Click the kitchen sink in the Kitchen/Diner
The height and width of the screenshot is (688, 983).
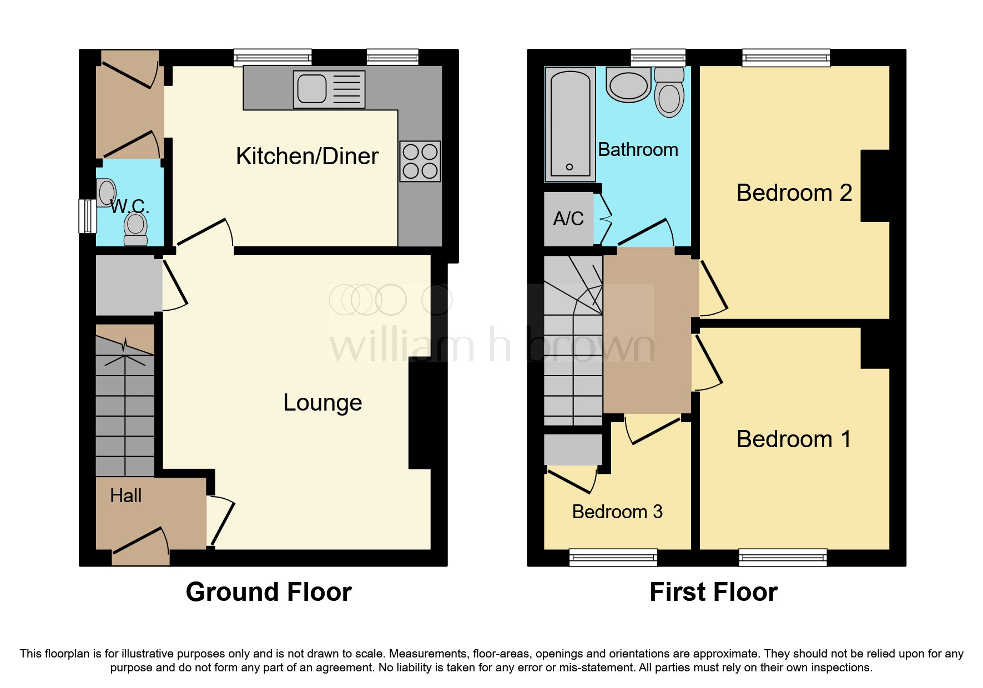pyautogui.click(x=329, y=89)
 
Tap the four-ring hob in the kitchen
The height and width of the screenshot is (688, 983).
pyautogui.click(x=420, y=161)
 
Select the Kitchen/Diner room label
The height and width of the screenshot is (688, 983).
pyautogui.click(x=307, y=156)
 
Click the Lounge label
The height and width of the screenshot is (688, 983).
pyautogui.click(x=322, y=403)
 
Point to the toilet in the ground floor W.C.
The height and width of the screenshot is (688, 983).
pyautogui.click(x=135, y=229)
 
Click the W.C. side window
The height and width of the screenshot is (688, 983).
pyautogui.click(x=87, y=216)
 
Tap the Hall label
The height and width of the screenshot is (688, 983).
pyautogui.click(x=125, y=495)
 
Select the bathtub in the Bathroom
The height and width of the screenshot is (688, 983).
pyautogui.click(x=570, y=125)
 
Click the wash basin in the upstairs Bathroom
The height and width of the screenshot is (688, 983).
pyautogui.click(x=628, y=85)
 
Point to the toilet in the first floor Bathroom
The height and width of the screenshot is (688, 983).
pyautogui.click(x=669, y=93)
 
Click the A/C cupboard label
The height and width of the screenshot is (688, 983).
pyautogui.click(x=568, y=219)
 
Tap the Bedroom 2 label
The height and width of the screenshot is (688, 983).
pyautogui.click(x=794, y=193)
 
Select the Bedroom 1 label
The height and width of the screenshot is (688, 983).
pyautogui.click(x=794, y=439)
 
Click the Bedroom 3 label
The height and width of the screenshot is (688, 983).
pyautogui.click(x=617, y=512)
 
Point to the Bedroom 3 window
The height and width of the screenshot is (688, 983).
pyautogui.click(x=613, y=557)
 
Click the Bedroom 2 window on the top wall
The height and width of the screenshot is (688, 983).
pyautogui.click(x=786, y=57)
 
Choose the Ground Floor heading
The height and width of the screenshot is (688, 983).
pyautogui.click(x=269, y=592)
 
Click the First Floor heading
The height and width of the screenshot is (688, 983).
pyautogui.click(x=713, y=592)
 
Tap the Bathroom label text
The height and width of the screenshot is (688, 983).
pyautogui.click(x=638, y=150)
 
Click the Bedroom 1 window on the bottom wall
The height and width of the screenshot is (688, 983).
pyautogui.click(x=783, y=557)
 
